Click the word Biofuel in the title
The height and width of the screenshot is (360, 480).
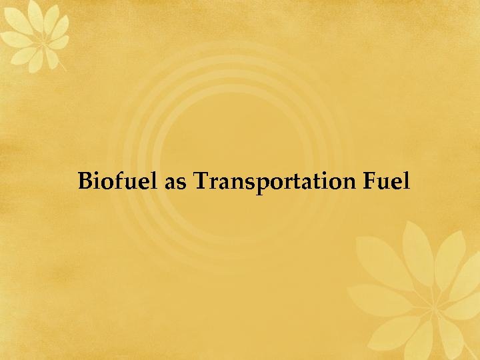pos(119,181)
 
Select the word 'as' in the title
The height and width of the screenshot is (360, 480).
pos(176,183)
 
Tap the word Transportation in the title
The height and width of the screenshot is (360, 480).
pos(275,181)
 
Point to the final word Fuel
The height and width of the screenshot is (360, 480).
pos(387,181)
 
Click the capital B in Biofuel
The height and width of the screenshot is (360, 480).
pos(85,181)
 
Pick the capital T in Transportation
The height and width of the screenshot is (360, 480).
pos(201,181)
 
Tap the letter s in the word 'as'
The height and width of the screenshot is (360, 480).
pos(182,183)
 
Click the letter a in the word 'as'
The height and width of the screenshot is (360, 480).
pos(171,183)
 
